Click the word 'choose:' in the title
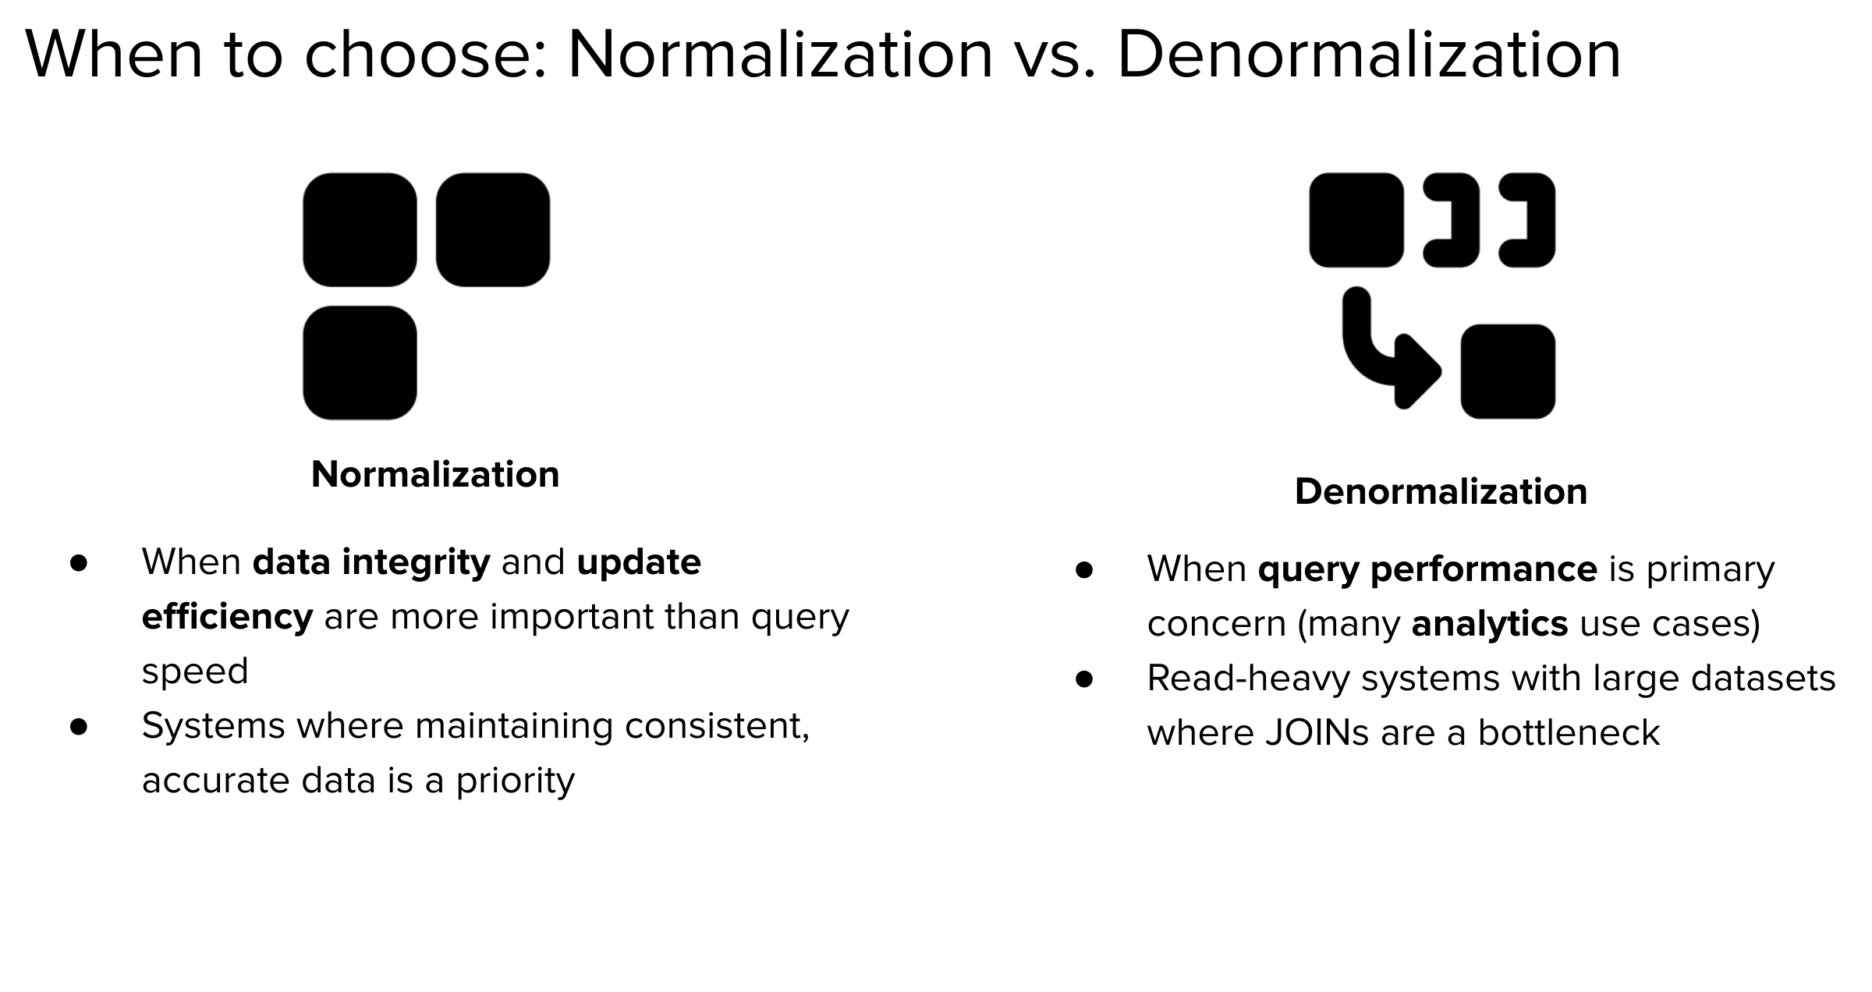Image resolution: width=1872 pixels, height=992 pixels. (425, 55)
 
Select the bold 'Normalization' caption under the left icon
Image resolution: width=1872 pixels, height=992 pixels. (435, 474)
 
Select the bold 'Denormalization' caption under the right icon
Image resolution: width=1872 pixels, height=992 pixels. (1441, 491)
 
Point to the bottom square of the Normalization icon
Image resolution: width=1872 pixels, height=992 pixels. (360, 363)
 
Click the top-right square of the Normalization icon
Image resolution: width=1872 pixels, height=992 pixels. (492, 230)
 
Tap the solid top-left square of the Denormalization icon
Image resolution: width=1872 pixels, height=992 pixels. (1356, 220)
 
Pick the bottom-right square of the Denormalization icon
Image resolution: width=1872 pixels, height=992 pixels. (1507, 371)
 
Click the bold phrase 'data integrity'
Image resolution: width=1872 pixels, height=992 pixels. (371, 562)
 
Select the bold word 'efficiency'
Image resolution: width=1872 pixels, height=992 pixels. (227, 617)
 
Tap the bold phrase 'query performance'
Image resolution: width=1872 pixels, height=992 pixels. (1427, 569)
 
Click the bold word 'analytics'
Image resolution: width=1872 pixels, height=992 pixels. (1490, 624)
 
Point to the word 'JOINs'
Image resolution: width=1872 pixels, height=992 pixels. (1317, 733)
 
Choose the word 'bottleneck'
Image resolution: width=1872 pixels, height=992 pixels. (1569, 733)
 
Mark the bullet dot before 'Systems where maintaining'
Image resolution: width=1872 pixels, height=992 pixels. (79, 727)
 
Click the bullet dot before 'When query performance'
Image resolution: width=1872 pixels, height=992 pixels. (1084, 570)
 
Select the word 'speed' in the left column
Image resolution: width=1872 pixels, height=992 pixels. (195, 671)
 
